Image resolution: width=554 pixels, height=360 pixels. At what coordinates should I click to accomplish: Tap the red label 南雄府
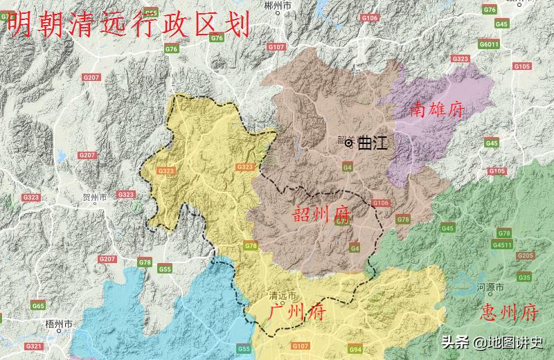(x=437, y=109)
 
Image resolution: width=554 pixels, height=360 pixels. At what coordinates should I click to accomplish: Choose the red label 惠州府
(x=508, y=312)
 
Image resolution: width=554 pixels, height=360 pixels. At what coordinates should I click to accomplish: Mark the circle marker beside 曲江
(x=349, y=143)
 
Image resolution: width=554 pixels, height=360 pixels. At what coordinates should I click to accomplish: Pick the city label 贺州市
(x=94, y=197)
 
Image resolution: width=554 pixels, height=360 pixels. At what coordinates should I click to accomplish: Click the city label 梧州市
(x=53, y=323)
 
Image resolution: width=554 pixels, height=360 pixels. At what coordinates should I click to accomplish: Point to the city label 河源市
(x=490, y=286)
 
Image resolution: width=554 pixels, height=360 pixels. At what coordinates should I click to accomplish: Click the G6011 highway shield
(x=489, y=44)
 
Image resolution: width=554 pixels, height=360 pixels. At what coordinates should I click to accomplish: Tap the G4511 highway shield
(x=502, y=244)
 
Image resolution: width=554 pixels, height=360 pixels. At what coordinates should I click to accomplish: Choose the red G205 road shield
(x=526, y=255)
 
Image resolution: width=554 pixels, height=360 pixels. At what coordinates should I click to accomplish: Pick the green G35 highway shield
(x=524, y=277)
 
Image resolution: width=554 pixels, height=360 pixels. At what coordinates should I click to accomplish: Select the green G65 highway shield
(x=38, y=305)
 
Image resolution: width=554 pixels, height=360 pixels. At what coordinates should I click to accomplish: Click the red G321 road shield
(x=33, y=345)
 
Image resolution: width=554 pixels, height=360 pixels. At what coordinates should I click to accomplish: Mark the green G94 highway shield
(x=355, y=350)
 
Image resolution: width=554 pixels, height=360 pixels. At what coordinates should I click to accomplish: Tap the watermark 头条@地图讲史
(x=493, y=342)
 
